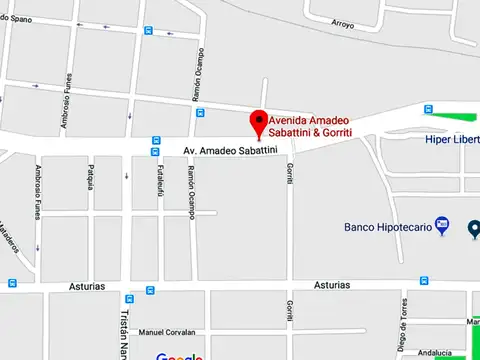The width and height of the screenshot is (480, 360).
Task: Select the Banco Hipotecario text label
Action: pos(388,227)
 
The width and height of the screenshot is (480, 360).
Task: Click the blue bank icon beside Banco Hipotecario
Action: pos(442,227)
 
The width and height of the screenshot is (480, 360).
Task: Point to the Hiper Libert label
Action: pos(452,140)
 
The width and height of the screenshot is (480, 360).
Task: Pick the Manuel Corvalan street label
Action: pos(165,332)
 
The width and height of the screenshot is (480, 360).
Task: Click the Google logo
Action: pos(180,356)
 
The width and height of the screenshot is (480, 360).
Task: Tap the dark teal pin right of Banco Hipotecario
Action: pos(475,229)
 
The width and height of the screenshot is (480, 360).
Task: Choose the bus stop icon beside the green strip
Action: pos(428,109)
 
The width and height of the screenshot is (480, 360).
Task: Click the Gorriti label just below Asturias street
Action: pos(289,310)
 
